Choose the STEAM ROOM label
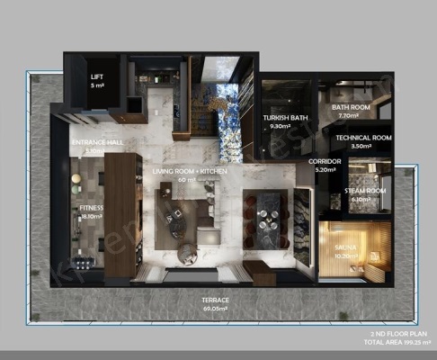pyautogui.click(x=365, y=191)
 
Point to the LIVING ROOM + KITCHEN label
pyautogui.click(x=189, y=171)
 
